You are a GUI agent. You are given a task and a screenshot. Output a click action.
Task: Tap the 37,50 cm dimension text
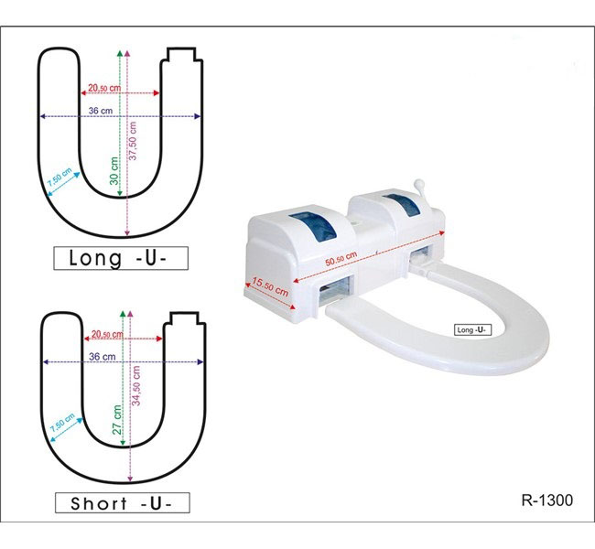pyautogui.click(x=135, y=141)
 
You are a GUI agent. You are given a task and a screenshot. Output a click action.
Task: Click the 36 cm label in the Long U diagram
pyautogui.click(x=100, y=110)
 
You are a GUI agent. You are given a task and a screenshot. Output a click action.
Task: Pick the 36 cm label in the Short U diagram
pyautogui.click(x=102, y=356)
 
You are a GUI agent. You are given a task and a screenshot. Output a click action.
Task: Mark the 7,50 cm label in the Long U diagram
pyautogui.click(x=60, y=178)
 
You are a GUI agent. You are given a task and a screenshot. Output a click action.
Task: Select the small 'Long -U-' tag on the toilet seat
pyautogui.click(x=473, y=328)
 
